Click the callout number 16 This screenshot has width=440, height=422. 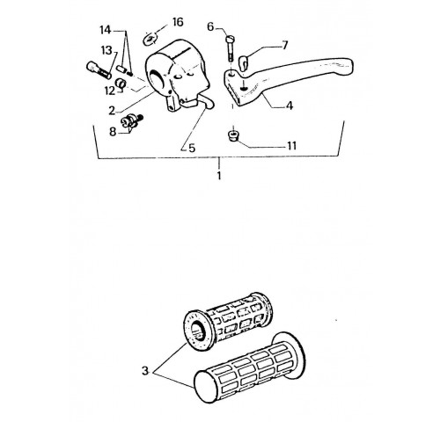click(x=178, y=22)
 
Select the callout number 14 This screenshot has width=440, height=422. click(x=106, y=30)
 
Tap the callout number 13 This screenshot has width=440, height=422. click(x=106, y=50)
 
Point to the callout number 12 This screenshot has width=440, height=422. click(x=110, y=91)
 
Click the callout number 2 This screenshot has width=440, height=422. click(x=112, y=111)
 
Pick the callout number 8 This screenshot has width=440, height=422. click(x=113, y=132)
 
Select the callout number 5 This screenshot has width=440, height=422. click(x=192, y=148)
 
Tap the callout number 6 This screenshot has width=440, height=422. click(x=210, y=26)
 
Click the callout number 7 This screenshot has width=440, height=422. click(x=284, y=46)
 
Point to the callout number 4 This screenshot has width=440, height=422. click(x=290, y=105)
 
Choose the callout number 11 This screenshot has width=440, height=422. click(x=291, y=146)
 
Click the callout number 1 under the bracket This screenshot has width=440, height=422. click(x=219, y=176)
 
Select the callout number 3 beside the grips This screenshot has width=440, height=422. click(x=145, y=371)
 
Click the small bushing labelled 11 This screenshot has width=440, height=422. click(x=233, y=136)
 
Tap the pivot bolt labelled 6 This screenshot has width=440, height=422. click(x=230, y=48)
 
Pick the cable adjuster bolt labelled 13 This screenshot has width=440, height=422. click(x=99, y=70)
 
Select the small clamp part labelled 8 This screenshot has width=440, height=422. click(x=131, y=120)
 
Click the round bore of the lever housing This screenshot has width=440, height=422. click(x=158, y=79)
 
